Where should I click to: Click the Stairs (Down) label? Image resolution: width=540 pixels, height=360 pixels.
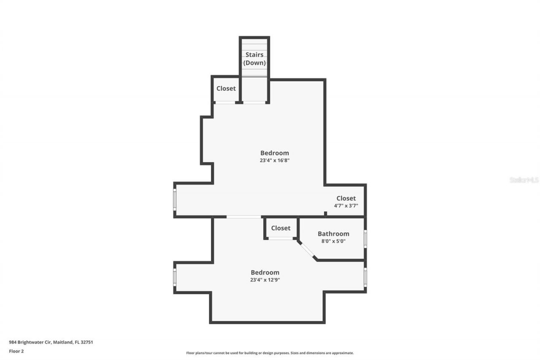tap(255, 59)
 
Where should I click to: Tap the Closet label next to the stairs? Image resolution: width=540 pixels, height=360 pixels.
tap(226, 89)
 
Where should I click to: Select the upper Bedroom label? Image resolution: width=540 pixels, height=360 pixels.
tap(274, 153)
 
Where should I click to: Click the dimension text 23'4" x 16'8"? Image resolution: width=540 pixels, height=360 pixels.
tap(275, 160)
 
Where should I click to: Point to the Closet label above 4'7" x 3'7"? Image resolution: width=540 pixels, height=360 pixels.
tap(346, 198)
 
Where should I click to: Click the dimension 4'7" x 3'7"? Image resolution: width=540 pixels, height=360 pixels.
tap(346, 206)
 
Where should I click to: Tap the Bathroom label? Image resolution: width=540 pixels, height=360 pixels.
tap(333, 234)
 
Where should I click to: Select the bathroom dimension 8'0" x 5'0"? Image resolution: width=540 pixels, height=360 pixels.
tap(333, 241)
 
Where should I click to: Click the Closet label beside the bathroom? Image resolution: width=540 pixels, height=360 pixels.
tap(281, 228)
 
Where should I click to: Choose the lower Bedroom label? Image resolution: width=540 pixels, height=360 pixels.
tap(265, 273)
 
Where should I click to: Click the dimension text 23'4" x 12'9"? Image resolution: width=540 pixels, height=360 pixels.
tap(265, 279)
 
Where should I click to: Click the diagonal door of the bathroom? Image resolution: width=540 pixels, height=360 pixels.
tap(308, 250)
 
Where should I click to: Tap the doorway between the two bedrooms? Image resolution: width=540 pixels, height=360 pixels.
tap(243, 217)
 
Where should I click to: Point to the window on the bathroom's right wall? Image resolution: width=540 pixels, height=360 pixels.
tap(365, 238)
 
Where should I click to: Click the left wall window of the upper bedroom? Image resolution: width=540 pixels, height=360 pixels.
tap(175, 200)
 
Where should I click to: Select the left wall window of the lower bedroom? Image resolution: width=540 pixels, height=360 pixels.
tap(175, 277)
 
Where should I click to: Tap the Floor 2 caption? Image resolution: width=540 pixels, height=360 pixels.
tap(16, 351)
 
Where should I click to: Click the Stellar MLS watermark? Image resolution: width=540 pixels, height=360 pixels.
tap(524, 180)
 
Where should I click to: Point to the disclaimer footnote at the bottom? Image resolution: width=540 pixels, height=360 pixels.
tap(270, 353)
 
